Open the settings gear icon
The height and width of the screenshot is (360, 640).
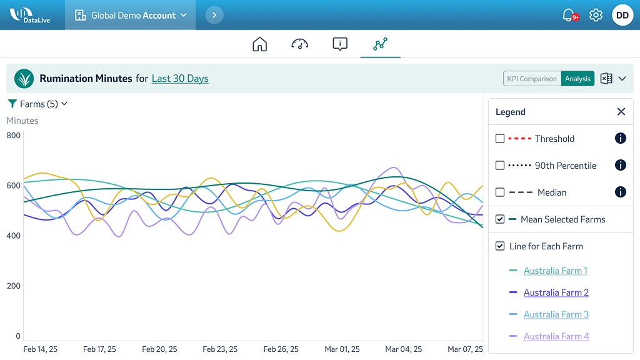click(596, 15)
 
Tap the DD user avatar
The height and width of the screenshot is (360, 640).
click(622, 15)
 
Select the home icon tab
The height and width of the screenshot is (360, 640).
click(259, 44)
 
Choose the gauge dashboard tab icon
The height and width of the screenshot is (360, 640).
click(300, 44)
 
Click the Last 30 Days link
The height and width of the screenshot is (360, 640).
click(180, 79)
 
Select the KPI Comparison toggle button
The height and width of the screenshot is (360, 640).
click(532, 79)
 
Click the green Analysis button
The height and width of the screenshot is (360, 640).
click(577, 79)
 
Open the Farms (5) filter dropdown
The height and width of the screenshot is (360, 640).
click(37, 104)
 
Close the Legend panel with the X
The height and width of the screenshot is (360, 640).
click(621, 112)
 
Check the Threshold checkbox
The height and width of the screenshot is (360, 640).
click(500, 139)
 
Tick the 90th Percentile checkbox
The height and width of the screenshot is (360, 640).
click(500, 166)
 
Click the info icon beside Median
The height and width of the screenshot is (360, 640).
click(620, 192)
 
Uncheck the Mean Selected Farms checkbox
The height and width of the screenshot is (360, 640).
click(500, 219)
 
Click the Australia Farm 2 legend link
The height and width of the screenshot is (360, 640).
click(556, 292)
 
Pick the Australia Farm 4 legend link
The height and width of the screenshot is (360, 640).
click(556, 336)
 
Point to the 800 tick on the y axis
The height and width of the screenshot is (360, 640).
click(14, 136)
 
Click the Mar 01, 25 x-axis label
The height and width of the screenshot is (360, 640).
click(342, 349)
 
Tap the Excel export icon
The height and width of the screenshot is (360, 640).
click(606, 79)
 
